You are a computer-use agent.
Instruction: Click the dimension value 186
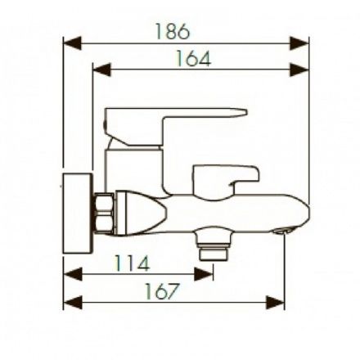point(173,31)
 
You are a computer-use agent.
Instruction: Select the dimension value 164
point(193,58)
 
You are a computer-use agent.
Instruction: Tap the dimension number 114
point(132,263)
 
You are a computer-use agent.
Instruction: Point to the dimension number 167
point(162,291)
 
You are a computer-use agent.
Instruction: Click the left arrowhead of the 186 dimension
point(72,43)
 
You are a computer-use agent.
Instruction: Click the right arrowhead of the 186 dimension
point(299,43)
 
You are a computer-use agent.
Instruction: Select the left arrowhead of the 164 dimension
point(102,70)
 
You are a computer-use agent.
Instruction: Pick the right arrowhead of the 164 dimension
point(299,70)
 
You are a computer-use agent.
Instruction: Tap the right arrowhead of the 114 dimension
point(204,274)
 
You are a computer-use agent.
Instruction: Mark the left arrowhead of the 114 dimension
point(73,274)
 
